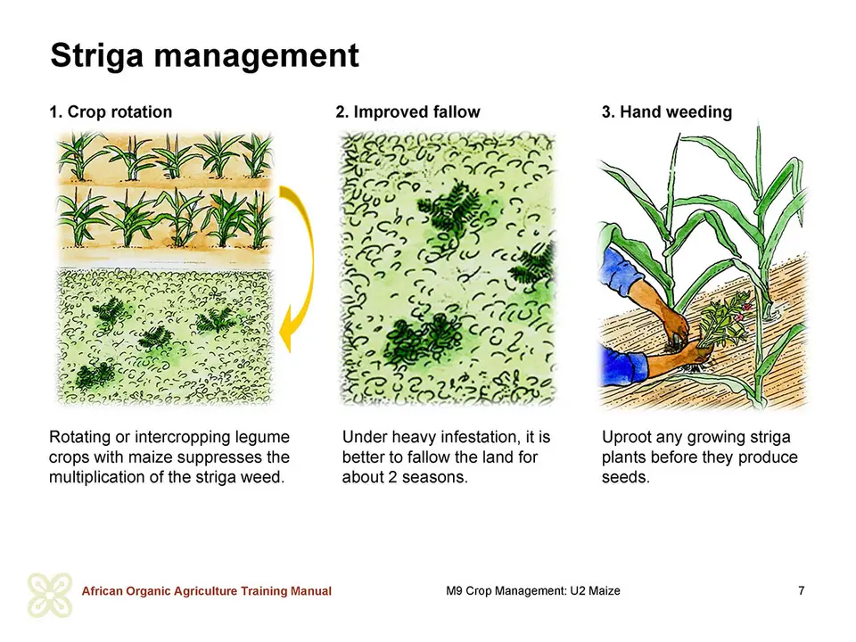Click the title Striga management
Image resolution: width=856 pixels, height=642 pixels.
pyautogui.click(x=205, y=56)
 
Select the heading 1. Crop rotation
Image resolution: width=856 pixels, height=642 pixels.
pyautogui.click(x=111, y=112)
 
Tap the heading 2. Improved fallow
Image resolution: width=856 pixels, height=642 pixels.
pyautogui.click(x=407, y=112)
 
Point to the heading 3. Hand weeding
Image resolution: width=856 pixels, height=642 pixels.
pyautogui.click(x=667, y=112)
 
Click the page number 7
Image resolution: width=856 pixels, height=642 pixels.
pyautogui.click(x=801, y=590)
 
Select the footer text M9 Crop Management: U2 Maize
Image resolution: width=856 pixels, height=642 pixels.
pyautogui.click(x=533, y=590)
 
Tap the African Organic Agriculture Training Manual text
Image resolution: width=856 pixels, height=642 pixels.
pyautogui.click(x=206, y=591)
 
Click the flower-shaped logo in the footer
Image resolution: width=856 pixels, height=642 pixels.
pyautogui.click(x=50, y=595)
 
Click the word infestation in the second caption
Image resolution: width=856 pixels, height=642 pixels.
pyautogui.click(x=479, y=437)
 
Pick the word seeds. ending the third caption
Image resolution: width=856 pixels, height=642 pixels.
pyautogui.click(x=626, y=477)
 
